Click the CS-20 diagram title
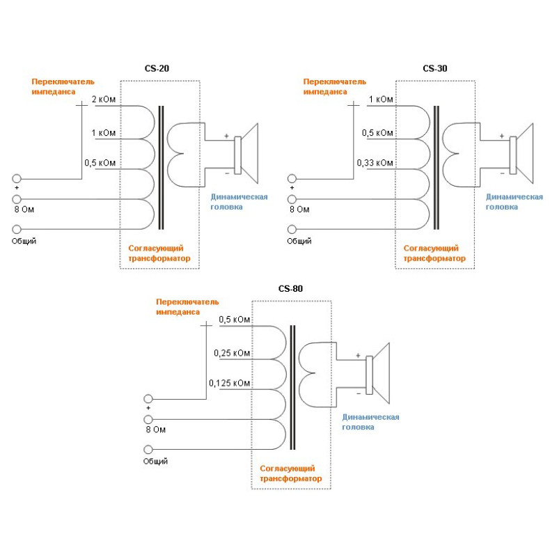[x=159, y=69]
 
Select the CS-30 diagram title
[x=435, y=69]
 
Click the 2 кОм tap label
[x=104, y=100]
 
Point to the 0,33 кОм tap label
[x=375, y=163]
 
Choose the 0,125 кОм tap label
[x=230, y=383]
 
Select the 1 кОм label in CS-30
[x=381, y=100]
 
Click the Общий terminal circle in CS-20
[x=17, y=229]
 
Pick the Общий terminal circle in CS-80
[x=148, y=449]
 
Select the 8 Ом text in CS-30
[x=299, y=209]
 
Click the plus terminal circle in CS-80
[x=148, y=398]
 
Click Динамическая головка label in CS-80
[x=370, y=422]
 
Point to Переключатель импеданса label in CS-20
[x=62, y=86]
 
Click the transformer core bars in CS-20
[x=161, y=168]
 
